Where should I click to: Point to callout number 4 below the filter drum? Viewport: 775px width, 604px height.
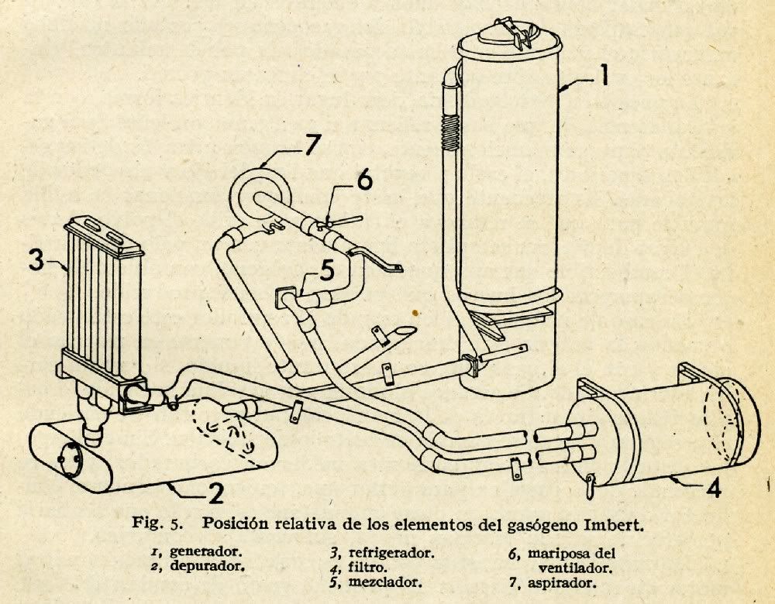coord(715,489)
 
